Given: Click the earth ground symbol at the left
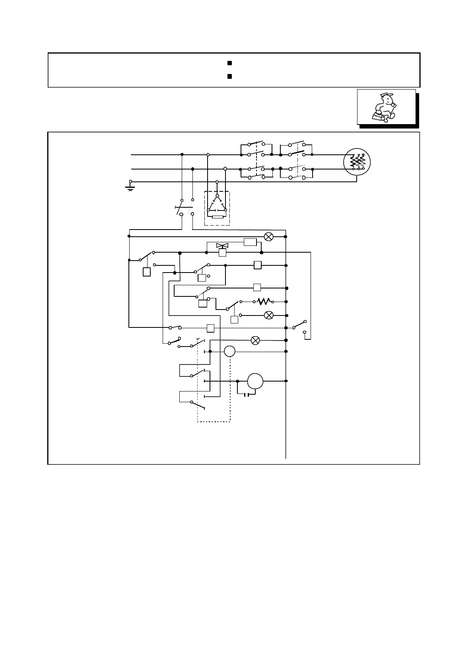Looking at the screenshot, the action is coord(130,186).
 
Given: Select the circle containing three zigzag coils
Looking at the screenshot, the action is coord(357,162).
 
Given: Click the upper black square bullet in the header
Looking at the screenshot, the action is coord(229,63).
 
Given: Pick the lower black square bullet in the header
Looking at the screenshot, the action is coord(229,76).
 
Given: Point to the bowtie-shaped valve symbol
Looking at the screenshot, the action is coord(222,246).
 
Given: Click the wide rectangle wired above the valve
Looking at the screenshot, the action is coord(250,242).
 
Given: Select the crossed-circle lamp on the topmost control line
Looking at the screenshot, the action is coord(269,237).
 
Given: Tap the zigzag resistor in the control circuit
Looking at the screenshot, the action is coord(264,302).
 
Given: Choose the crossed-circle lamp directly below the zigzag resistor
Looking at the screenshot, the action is coord(269,315).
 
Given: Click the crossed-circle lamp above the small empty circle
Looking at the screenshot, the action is coord(256,341).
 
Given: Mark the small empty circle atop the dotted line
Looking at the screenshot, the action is coord(230,351).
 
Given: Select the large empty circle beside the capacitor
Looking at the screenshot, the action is coord(255,381).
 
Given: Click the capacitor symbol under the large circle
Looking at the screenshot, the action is coord(247,395).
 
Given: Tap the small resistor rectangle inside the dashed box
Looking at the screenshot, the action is coord(218,217).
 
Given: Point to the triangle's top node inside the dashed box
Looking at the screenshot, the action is coord(217,196).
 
